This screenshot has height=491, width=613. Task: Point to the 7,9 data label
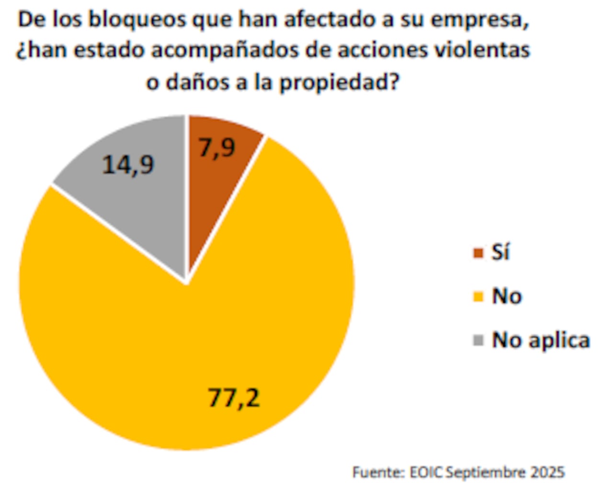pos(217,147)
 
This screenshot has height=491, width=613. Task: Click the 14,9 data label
pos(128,165)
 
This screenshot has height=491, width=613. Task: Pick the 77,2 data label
pos(234,398)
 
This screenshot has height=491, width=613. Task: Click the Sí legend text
pos(500,252)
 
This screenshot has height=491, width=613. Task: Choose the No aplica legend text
pos(541,340)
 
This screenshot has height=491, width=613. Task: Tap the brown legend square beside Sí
pos(478,253)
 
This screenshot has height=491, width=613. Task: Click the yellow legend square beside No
pos(478,297)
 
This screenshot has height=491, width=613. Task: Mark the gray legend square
pos(478,341)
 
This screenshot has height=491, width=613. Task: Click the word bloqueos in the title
pos(137,20)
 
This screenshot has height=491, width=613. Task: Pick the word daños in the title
pos(196,82)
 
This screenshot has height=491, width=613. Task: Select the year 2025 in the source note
pos(547,472)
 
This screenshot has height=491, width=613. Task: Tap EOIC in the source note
pos(426,472)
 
